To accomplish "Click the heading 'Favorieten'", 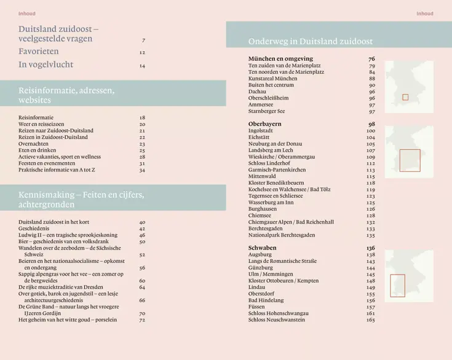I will tap(39, 52).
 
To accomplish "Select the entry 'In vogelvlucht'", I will tap(46, 65).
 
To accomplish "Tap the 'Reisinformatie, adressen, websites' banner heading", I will tap(66, 95).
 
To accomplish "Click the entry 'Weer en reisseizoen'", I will tap(41, 124).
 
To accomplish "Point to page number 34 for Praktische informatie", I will tap(142, 170).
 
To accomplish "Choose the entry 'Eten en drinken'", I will tap(38, 150).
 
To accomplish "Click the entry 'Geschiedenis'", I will tap(34, 229).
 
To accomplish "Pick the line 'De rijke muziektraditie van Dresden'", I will tap(64, 287).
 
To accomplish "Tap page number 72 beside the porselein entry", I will tap(142, 319).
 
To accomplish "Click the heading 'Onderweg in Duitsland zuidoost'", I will tap(310, 42).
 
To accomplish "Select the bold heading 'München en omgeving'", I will tap(280, 59).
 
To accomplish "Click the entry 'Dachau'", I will tap(257, 92).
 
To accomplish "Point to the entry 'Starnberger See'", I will tap(266, 111).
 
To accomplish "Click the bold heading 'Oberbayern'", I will tap(264, 124).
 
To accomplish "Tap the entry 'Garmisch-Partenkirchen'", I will tap(277, 170).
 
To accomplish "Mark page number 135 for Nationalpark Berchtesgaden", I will tap(370, 235).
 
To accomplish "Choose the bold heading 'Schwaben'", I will tap(262, 248).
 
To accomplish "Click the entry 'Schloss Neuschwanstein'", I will tap(276, 319).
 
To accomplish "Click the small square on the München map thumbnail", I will tap(405, 97).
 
